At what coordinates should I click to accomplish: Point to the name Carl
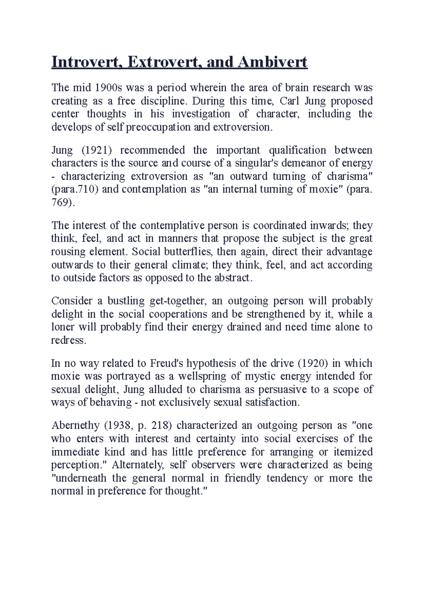pyautogui.click(x=289, y=101)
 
